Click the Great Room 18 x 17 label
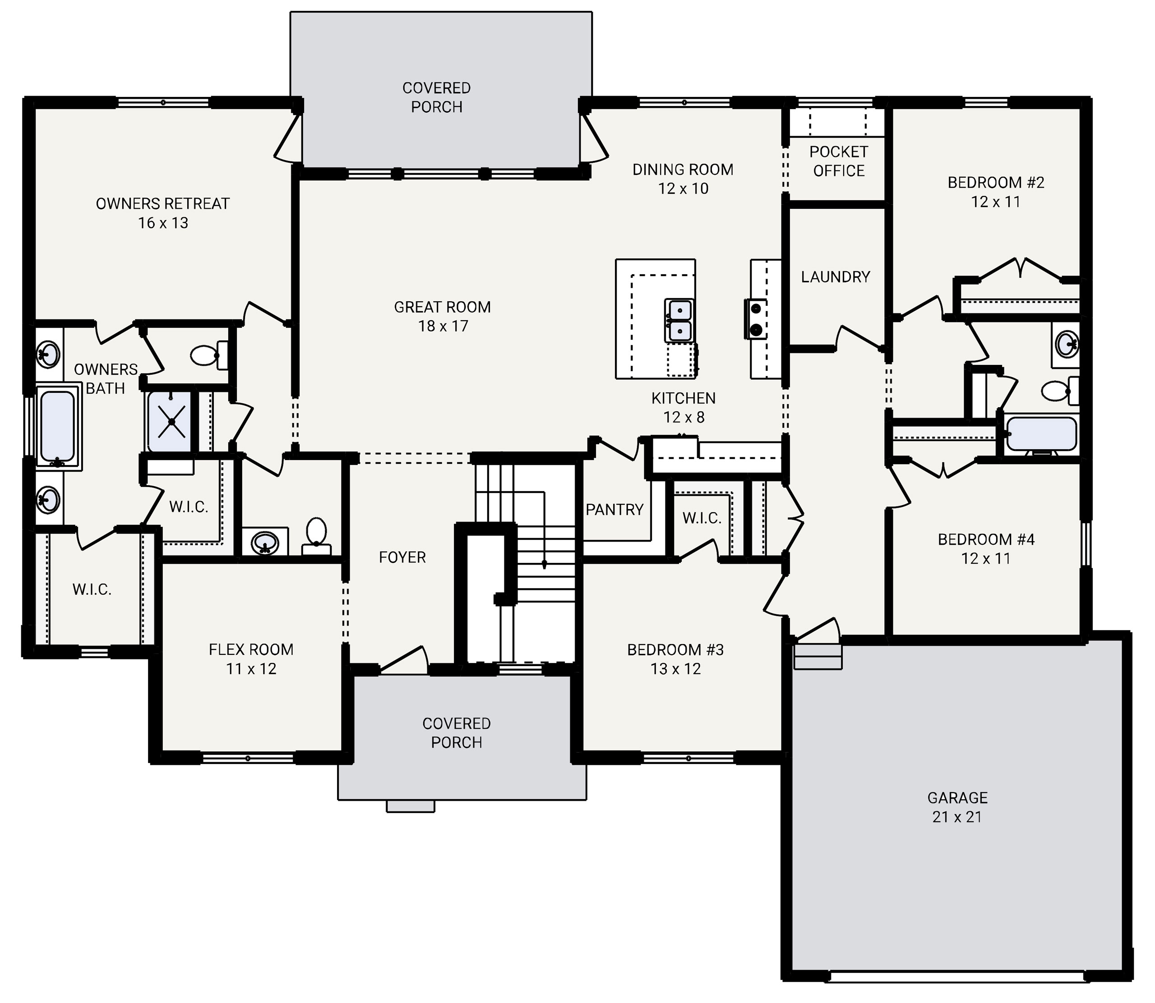coord(442,316)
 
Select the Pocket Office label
coord(838,161)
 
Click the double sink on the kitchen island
coord(679,320)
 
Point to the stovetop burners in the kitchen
coord(755,318)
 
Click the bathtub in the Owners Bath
coord(57,425)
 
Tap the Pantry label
coord(614,509)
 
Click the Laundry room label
coord(835,276)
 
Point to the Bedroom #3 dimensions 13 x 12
coord(675,669)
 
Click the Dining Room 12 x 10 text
coord(683,179)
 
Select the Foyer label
coord(402,557)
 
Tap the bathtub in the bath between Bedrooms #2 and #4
coord(1041,434)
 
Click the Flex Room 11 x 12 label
coord(251,659)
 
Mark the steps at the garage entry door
coord(818,656)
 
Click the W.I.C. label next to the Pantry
coord(702,518)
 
